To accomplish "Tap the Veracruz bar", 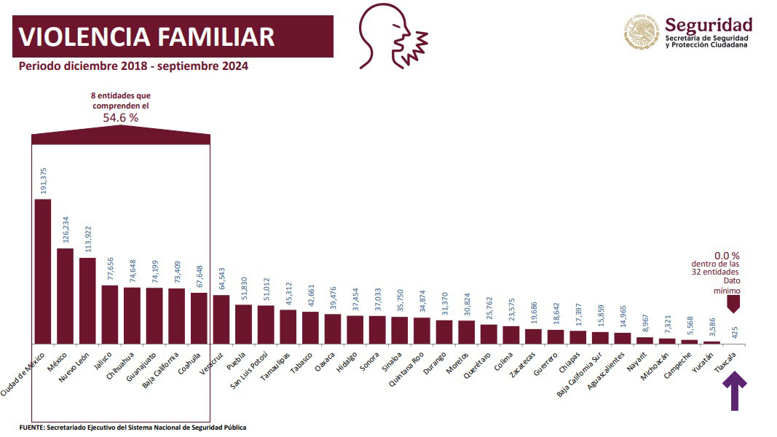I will pyautogui.click(x=221, y=319).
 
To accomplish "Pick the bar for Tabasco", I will pyautogui.click(x=310, y=327).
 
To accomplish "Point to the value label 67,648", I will pyautogui.click(x=198, y=275).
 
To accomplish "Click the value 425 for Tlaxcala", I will pyautogui.click(x=735, y=332).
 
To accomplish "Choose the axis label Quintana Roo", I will pyautogui.click(x=409, y=372).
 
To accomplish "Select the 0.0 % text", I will pyautogui.click(x=727, y=256).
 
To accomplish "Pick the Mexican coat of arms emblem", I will pyautogui.click(x=642, y=34).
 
